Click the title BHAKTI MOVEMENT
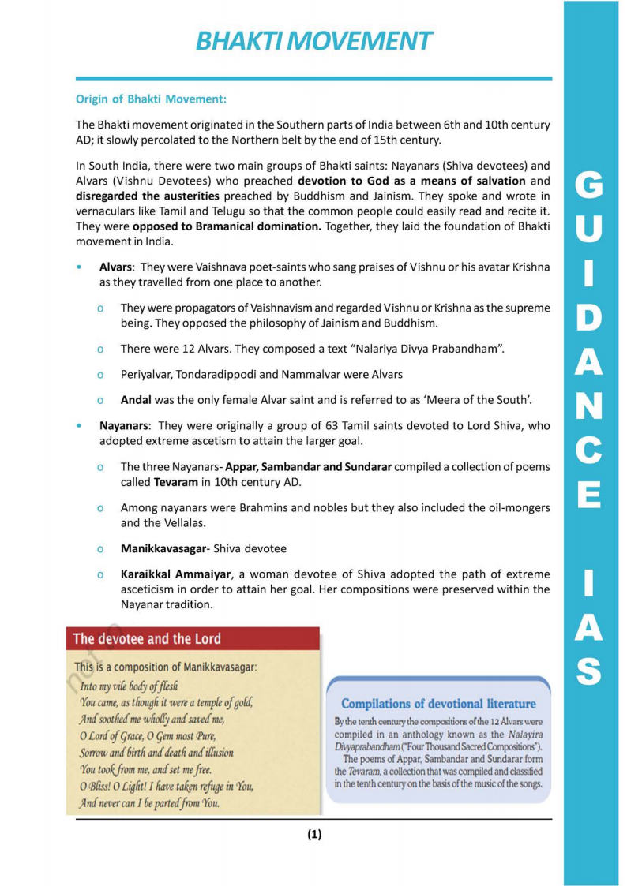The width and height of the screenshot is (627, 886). pyautogui.click(x=313, y=41)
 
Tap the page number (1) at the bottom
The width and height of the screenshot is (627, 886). pyautogui.click(x=314, y=835)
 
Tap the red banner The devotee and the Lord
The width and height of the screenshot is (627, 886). pyautogui.click(x=148, y=639)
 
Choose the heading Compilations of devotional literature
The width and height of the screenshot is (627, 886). pyautogui.click(x=438, y=704)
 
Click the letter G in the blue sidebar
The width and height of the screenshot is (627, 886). pyautogui.click(x=591, y=186)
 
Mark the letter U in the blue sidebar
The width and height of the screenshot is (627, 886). pyautogui.click(x=591, y=229)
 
